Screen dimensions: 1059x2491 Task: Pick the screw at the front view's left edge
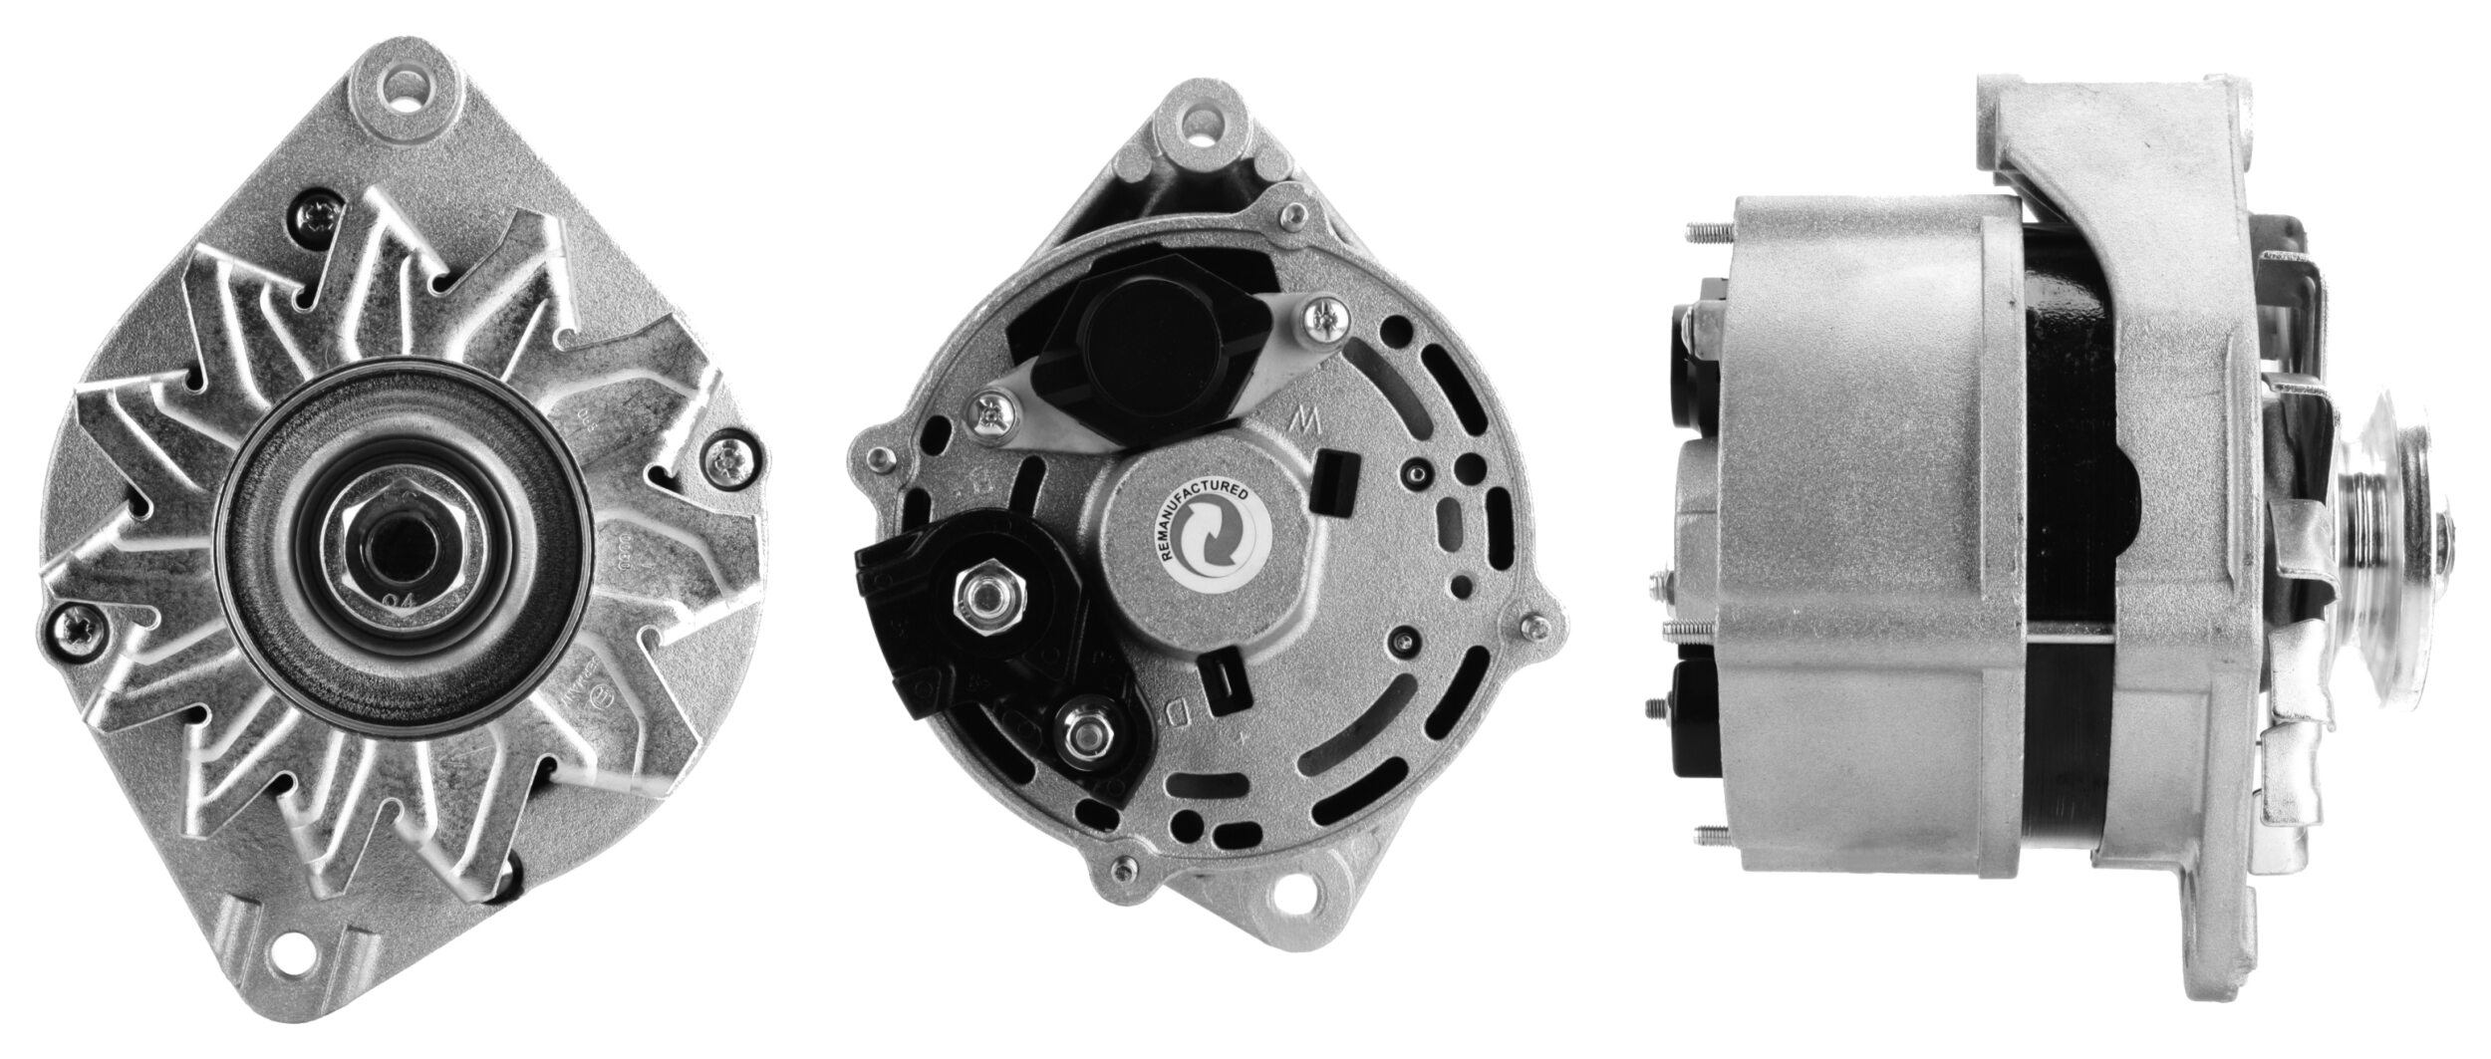pyautogui.click(x=76, y=625)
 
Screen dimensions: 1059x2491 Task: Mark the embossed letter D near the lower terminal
pyautogui.click(x=1177, y=713)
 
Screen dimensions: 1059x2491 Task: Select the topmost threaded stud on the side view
pyautogui.click(x=1706, y=235)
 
